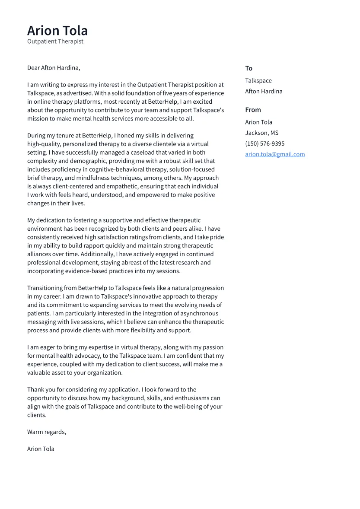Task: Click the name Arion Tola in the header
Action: coord(57,31)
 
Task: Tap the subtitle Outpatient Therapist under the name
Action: coord(55,41)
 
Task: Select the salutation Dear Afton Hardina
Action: coord(54,68)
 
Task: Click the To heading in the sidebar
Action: coord(248,68)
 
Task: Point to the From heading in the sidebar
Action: coord(253,110)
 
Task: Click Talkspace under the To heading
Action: coord(258,81)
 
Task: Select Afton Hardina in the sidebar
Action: coord(264,91)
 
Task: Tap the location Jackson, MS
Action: coord(262,133)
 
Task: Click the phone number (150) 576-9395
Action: coord(265,143)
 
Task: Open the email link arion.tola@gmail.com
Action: coord(275,154)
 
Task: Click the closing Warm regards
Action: coord(47,432)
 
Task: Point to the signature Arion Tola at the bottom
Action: coord(41,449)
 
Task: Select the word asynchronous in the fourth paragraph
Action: coord(199,314)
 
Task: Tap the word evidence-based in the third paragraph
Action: coord(86,271)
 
